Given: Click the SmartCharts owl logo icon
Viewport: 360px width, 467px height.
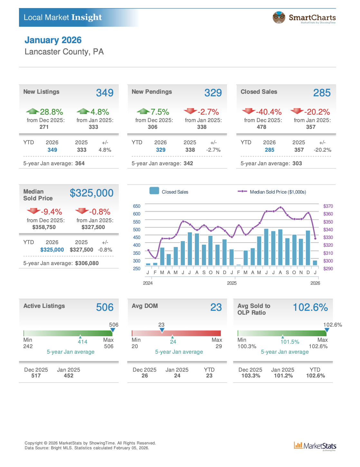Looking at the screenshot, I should coord(279,17).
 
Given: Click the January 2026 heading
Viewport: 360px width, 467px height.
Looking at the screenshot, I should coord(53,40).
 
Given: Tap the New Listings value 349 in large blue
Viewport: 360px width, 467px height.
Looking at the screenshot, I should coord(105,93).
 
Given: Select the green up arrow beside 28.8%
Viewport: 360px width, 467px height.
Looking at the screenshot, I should coord(33,111).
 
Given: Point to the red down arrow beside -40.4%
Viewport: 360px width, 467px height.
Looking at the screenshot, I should coord(249,111).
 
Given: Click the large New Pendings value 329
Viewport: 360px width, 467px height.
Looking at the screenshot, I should coord(213,93).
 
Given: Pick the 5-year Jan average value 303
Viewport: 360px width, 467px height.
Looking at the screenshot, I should coord(297,163).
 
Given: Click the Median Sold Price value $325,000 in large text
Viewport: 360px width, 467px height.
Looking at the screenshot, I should coord(91,193).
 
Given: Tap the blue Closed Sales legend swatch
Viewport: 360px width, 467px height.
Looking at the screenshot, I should coord(154,191).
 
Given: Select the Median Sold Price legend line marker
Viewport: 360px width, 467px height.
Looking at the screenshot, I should coord(242,191).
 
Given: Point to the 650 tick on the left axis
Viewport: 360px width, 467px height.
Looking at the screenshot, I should coord(137,206).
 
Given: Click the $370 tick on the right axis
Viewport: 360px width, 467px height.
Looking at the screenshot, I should coord(328,206).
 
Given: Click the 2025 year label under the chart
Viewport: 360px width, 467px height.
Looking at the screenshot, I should coord(232,283).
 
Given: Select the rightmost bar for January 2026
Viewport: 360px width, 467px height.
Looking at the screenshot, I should coord(315,263).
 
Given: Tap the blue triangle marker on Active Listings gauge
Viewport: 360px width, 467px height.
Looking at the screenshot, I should coord(113,330).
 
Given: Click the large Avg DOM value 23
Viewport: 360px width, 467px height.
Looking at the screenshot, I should coord(216,307).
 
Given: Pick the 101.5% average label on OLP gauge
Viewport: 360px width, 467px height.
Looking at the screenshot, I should coord(290,342).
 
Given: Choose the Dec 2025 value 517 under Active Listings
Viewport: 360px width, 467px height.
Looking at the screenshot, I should coord(36,376).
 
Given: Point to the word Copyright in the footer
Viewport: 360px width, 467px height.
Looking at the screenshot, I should coord(33,443).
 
